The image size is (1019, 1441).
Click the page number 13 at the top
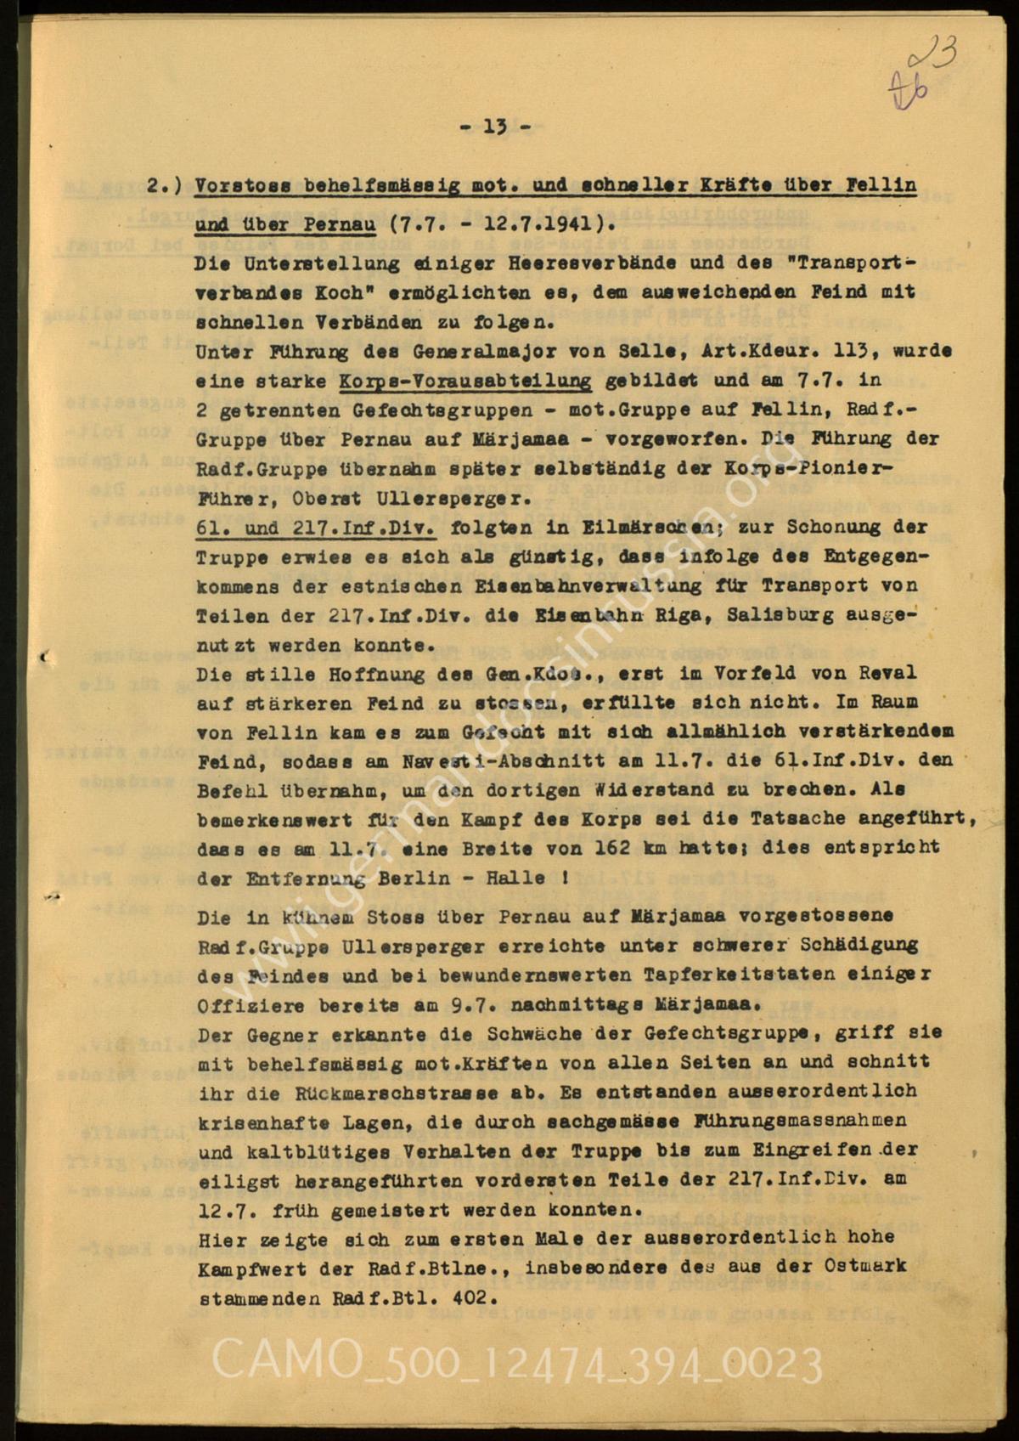tap(495, 127)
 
